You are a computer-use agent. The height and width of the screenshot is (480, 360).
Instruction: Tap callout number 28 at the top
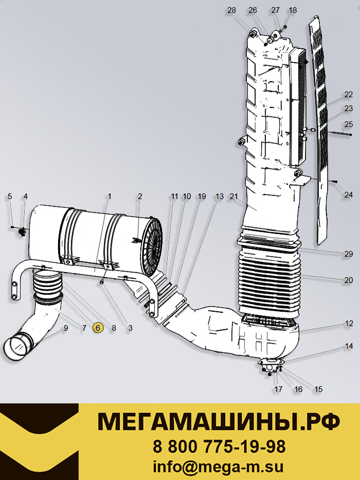click(x=231, y=10)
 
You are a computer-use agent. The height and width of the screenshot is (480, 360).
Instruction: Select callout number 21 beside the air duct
click(x=234, y=197)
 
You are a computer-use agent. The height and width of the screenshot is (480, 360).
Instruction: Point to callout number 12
click(x=349, y=324)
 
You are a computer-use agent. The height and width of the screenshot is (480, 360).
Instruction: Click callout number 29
click(x=349, y=254)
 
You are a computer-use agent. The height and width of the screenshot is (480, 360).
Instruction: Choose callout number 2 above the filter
click(x=139, y=197)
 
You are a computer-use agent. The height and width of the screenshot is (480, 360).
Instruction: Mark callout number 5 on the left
click(x=9, y=197)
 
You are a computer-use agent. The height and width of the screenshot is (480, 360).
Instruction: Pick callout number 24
click(x=349, y=194)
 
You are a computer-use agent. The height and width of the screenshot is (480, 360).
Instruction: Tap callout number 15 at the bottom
click(x=318, y=389)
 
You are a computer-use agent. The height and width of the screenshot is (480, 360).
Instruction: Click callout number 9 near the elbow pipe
click(x=66, y=328)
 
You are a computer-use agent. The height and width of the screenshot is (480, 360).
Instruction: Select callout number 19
click(x=202, y=197)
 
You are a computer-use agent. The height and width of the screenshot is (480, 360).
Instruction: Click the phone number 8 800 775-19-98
click(x=219, y=446)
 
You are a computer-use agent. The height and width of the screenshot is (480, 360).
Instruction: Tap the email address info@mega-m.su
click(x=219, y=467)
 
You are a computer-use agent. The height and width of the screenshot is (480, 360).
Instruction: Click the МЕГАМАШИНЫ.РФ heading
click(x=219, y=422)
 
